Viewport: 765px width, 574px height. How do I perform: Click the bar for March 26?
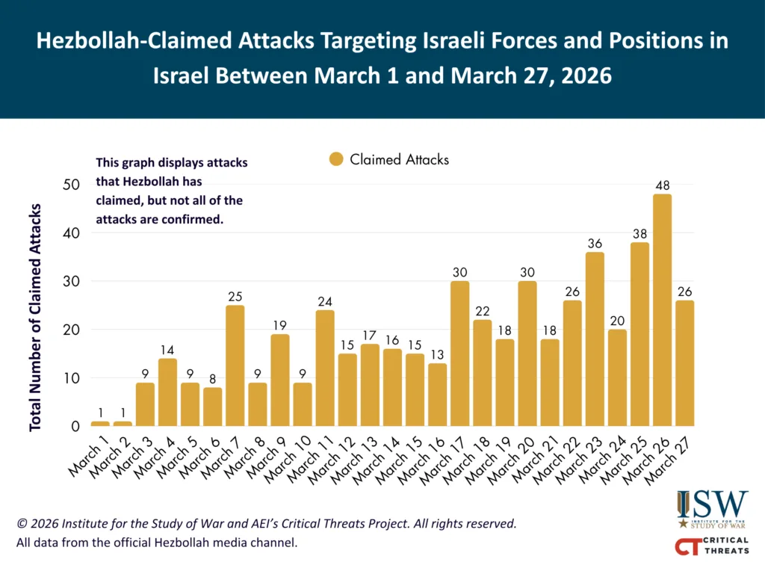(662, 310)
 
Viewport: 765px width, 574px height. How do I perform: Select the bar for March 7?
(235, 365)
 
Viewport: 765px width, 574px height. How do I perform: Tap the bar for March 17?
(460, 354)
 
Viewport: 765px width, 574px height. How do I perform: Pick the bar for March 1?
(100, 424)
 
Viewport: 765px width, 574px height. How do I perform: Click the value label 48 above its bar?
(662, 182)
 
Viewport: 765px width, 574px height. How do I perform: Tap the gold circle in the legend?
(336, 159)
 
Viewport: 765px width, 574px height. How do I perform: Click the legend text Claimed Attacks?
(400, 159)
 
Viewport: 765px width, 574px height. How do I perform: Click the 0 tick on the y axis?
(75, 427)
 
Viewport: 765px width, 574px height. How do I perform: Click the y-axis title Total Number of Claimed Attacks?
(35, 317)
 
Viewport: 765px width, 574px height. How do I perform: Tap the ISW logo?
(712, 510)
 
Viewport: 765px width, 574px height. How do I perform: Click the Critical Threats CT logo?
(712, 546)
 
